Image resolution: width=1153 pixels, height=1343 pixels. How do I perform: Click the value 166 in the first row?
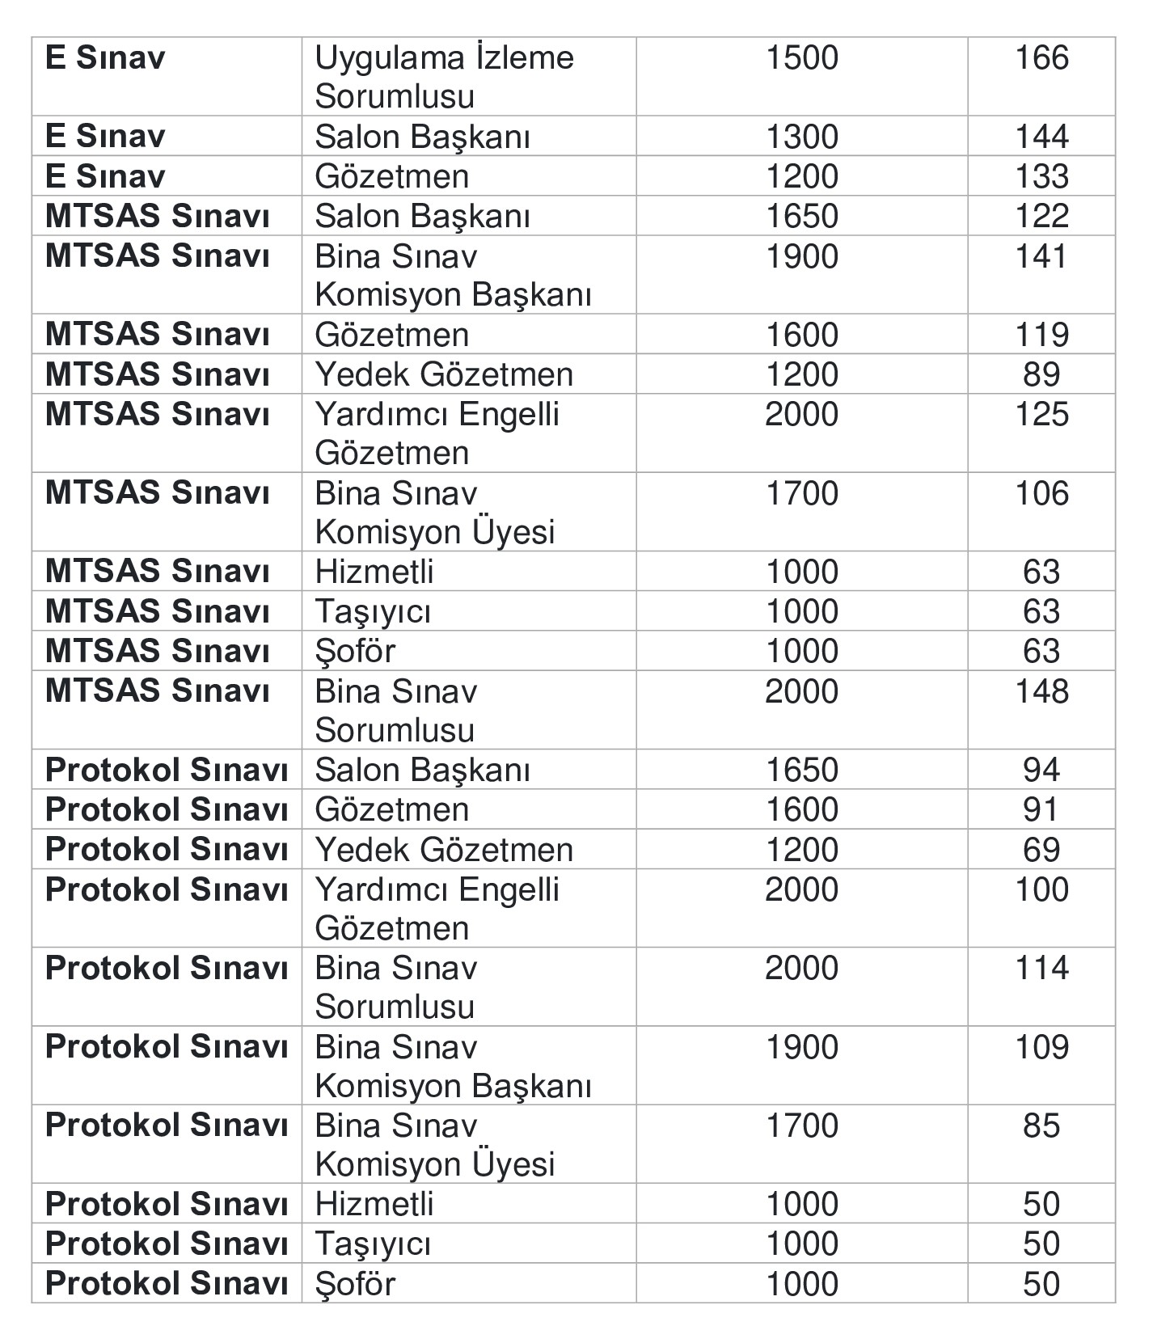pyautogui.click(x=1041, y=58)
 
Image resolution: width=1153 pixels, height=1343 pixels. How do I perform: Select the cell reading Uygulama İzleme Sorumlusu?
pyautogui.click(x=444, y=77)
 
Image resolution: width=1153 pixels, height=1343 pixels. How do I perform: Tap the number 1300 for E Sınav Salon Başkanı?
pyautogui.click(x=801, y=137)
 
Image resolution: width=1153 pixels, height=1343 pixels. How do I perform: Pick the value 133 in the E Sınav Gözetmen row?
pyautogui.click(x=1041, y=176)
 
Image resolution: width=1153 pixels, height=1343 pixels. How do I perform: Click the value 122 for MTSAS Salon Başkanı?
pyautogui.click(x=1041, y=216)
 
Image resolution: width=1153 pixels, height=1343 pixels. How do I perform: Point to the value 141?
pyautogui.click(x=1041, y=256)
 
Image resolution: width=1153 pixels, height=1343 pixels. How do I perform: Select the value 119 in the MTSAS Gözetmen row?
pyautogui.click(x=1041, y=335)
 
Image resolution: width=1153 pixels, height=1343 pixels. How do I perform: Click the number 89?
pyautogui.click(x=1041, y=374)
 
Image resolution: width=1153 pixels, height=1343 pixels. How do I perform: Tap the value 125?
pyautogui.click(x=1041, y=414)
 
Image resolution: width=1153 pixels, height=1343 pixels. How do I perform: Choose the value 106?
pyautogui.click(x=1041, y=493)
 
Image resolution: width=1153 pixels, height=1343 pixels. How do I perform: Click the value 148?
pyautogui.click(x=1041, y=691)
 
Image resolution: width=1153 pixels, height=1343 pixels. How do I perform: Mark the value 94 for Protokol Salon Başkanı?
pyautogui.click(x=1041, y=770)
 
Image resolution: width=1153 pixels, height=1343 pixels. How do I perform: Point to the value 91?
pyautogui.click(x=1041, y=809)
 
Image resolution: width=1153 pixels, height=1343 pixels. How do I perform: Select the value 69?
pyautogui.click(x=1041, y=850)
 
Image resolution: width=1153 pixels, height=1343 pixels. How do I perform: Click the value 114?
pyautogui.click(x=1041, y=968)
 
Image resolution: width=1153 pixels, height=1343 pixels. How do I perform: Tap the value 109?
pyautogui.click(x=1041, y=1047)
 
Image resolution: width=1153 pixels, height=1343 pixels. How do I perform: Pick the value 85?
pyautogui.click(x=1041, y=1126)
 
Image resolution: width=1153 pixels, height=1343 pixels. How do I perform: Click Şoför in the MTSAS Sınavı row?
pyautogui.click(x=355, y=652)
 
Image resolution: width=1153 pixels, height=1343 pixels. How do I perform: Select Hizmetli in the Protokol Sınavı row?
pyautogui.click(x=374, y=1205)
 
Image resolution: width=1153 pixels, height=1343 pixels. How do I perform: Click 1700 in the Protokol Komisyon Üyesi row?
pyautogui.click(x=801, y=1126)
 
